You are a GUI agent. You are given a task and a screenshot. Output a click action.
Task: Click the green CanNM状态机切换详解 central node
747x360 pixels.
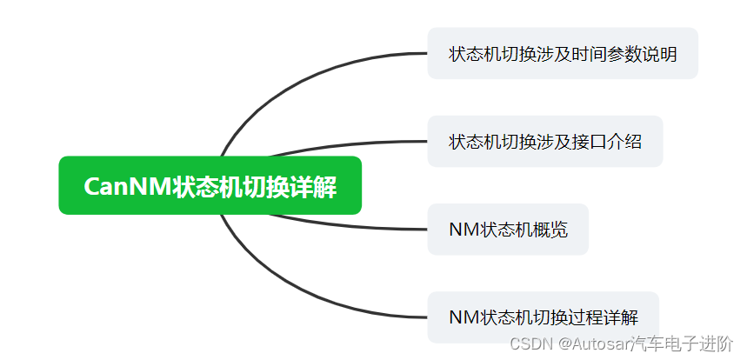(210, 185)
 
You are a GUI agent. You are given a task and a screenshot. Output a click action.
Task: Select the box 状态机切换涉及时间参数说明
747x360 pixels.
(562, 53)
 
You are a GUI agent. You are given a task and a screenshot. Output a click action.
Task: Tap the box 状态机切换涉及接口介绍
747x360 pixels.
(544, 141)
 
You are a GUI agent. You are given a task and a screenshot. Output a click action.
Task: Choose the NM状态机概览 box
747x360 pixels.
(507, 230)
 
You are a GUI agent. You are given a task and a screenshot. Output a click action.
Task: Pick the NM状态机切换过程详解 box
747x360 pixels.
(543, 317)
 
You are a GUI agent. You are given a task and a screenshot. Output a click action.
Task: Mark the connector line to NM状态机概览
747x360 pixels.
(348, 224)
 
